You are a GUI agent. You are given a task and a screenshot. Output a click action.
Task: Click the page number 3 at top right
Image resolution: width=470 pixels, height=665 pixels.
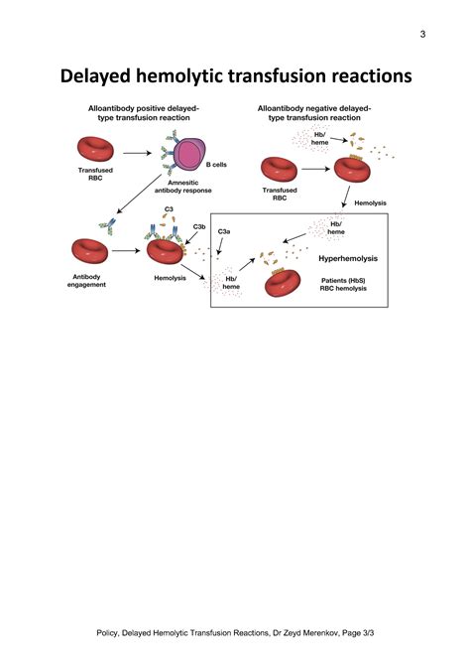(x=422, y=35)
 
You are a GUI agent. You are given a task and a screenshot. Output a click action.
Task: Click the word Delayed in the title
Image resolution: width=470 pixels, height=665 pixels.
(x=111, y=76)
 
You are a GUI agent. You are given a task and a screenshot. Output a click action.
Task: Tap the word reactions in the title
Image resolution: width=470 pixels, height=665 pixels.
(x=354, y=76)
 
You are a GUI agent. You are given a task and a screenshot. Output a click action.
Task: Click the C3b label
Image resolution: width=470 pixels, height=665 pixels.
(x=199, y=227)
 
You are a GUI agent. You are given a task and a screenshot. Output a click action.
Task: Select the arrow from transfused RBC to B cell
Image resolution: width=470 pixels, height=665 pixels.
(x=135, y=154)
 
